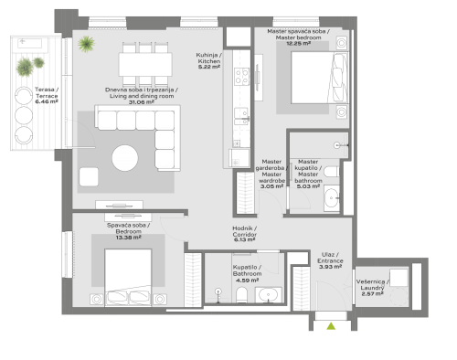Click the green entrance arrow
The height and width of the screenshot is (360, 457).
[x=331, y=324]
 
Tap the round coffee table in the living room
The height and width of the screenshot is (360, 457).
[x=125, y=158]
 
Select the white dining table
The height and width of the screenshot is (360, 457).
[x=145, y=64]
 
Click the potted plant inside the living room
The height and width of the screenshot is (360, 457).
[x=87, y=43]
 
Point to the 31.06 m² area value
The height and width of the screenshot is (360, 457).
[x=142, y=101]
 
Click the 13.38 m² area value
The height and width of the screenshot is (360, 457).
[x=122, y=237]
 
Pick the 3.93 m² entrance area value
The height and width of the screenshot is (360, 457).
[x=330, y=266]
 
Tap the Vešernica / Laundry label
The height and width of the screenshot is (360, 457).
[x=373, y=284]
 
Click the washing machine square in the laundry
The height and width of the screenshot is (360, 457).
[x=399, y=278]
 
